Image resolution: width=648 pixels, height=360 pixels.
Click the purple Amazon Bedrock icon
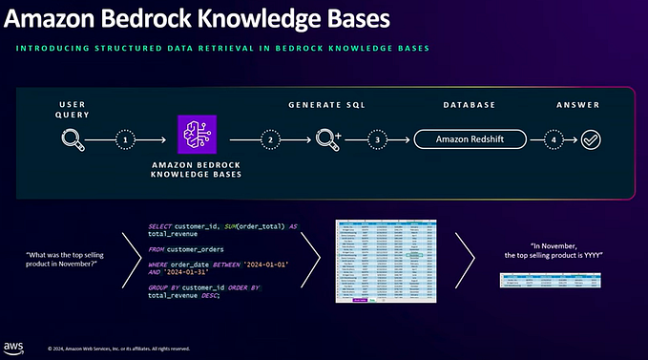197,135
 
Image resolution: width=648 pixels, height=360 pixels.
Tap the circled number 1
123,139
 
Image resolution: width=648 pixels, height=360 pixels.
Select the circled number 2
272,139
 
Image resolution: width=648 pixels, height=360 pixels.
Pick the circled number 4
552,139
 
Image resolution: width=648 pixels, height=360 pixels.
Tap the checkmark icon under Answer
591,139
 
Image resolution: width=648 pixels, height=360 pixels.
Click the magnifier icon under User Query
72,139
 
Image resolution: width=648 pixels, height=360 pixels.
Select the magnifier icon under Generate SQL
326,139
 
